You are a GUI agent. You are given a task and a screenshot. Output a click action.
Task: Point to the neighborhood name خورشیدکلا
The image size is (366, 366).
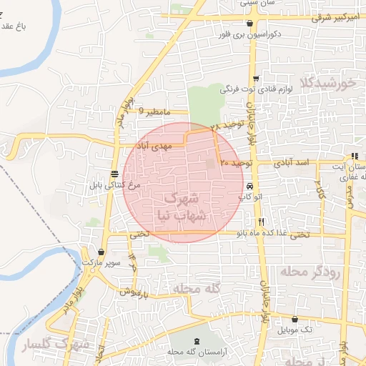click(329, 83)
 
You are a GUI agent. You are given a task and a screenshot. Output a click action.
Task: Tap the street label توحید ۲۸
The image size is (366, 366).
click(228, 127)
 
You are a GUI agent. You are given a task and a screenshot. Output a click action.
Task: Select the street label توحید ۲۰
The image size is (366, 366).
click(237, 164)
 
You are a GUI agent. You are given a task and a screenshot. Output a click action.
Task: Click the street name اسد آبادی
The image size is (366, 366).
click(295, 164)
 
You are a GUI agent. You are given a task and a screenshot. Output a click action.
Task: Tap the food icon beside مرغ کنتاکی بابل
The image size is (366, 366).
click(114, 174)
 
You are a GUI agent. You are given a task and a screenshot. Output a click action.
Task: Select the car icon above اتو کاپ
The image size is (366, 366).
click(249, 185)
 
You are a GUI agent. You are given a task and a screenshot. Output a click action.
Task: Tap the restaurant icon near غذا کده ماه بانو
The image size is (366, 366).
click(261, 222)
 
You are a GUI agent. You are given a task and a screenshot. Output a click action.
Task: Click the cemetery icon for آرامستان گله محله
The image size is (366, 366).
click(197, 338)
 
